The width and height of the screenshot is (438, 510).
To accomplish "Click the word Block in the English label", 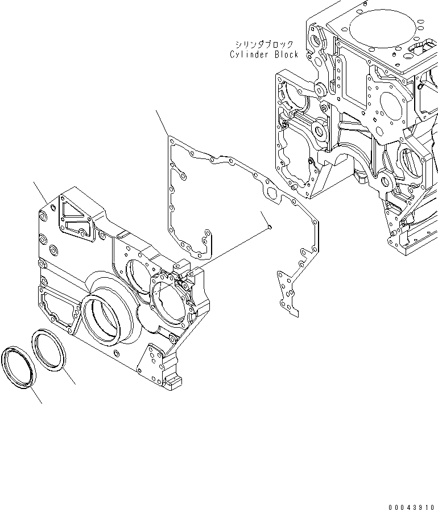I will (287, 55).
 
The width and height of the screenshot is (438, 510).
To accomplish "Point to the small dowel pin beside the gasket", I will (270, 226).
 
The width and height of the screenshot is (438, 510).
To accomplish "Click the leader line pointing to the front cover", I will (40, 193).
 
